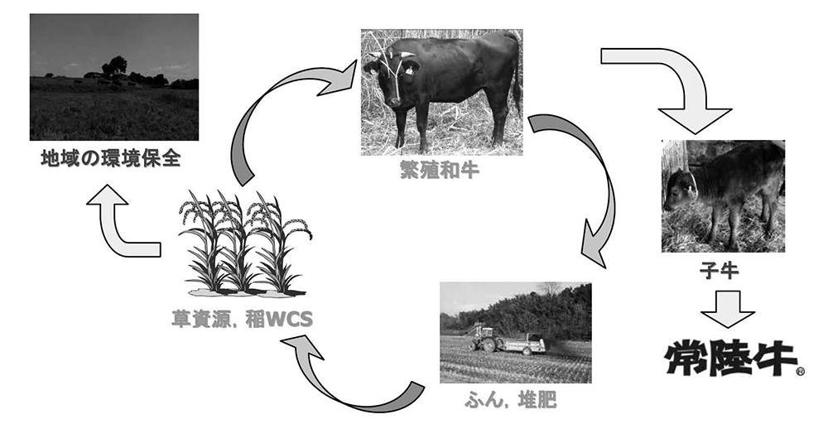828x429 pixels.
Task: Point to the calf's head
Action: click(681, 189)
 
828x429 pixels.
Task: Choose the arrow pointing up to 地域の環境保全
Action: click(124, 224)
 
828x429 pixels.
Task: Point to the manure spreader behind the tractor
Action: click(525, 342)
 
